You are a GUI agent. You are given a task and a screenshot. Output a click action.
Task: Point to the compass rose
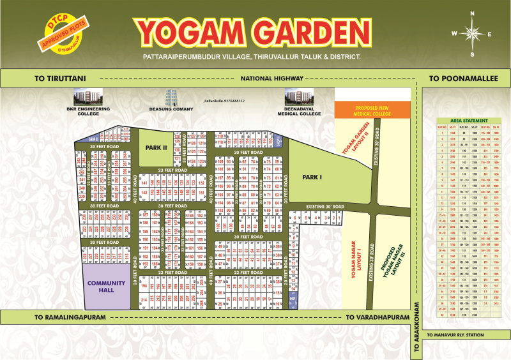(x=473, y=34)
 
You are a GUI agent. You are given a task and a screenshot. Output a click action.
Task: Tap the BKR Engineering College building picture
(x=88, y=97)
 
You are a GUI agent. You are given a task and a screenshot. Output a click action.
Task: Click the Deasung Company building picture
(x=169, y=97)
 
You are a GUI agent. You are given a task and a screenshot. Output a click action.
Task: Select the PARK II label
(x=155, y=147)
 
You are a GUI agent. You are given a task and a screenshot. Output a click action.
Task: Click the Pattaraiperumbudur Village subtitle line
(x=252, y=57)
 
